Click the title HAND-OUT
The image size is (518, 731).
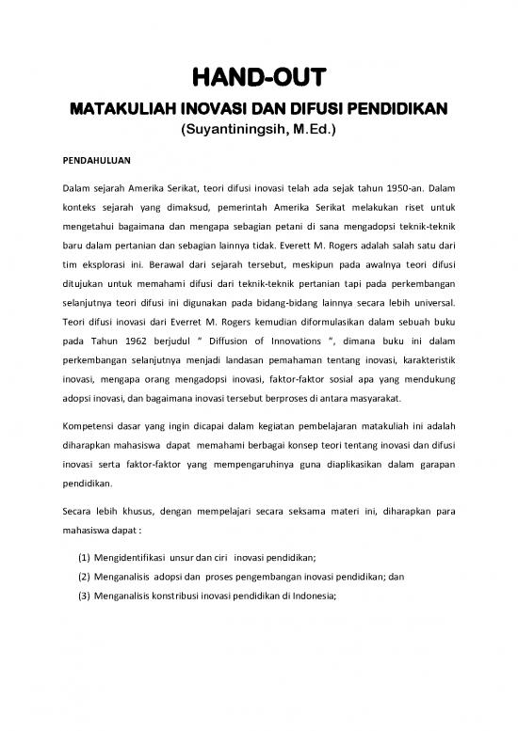point(259,75)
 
